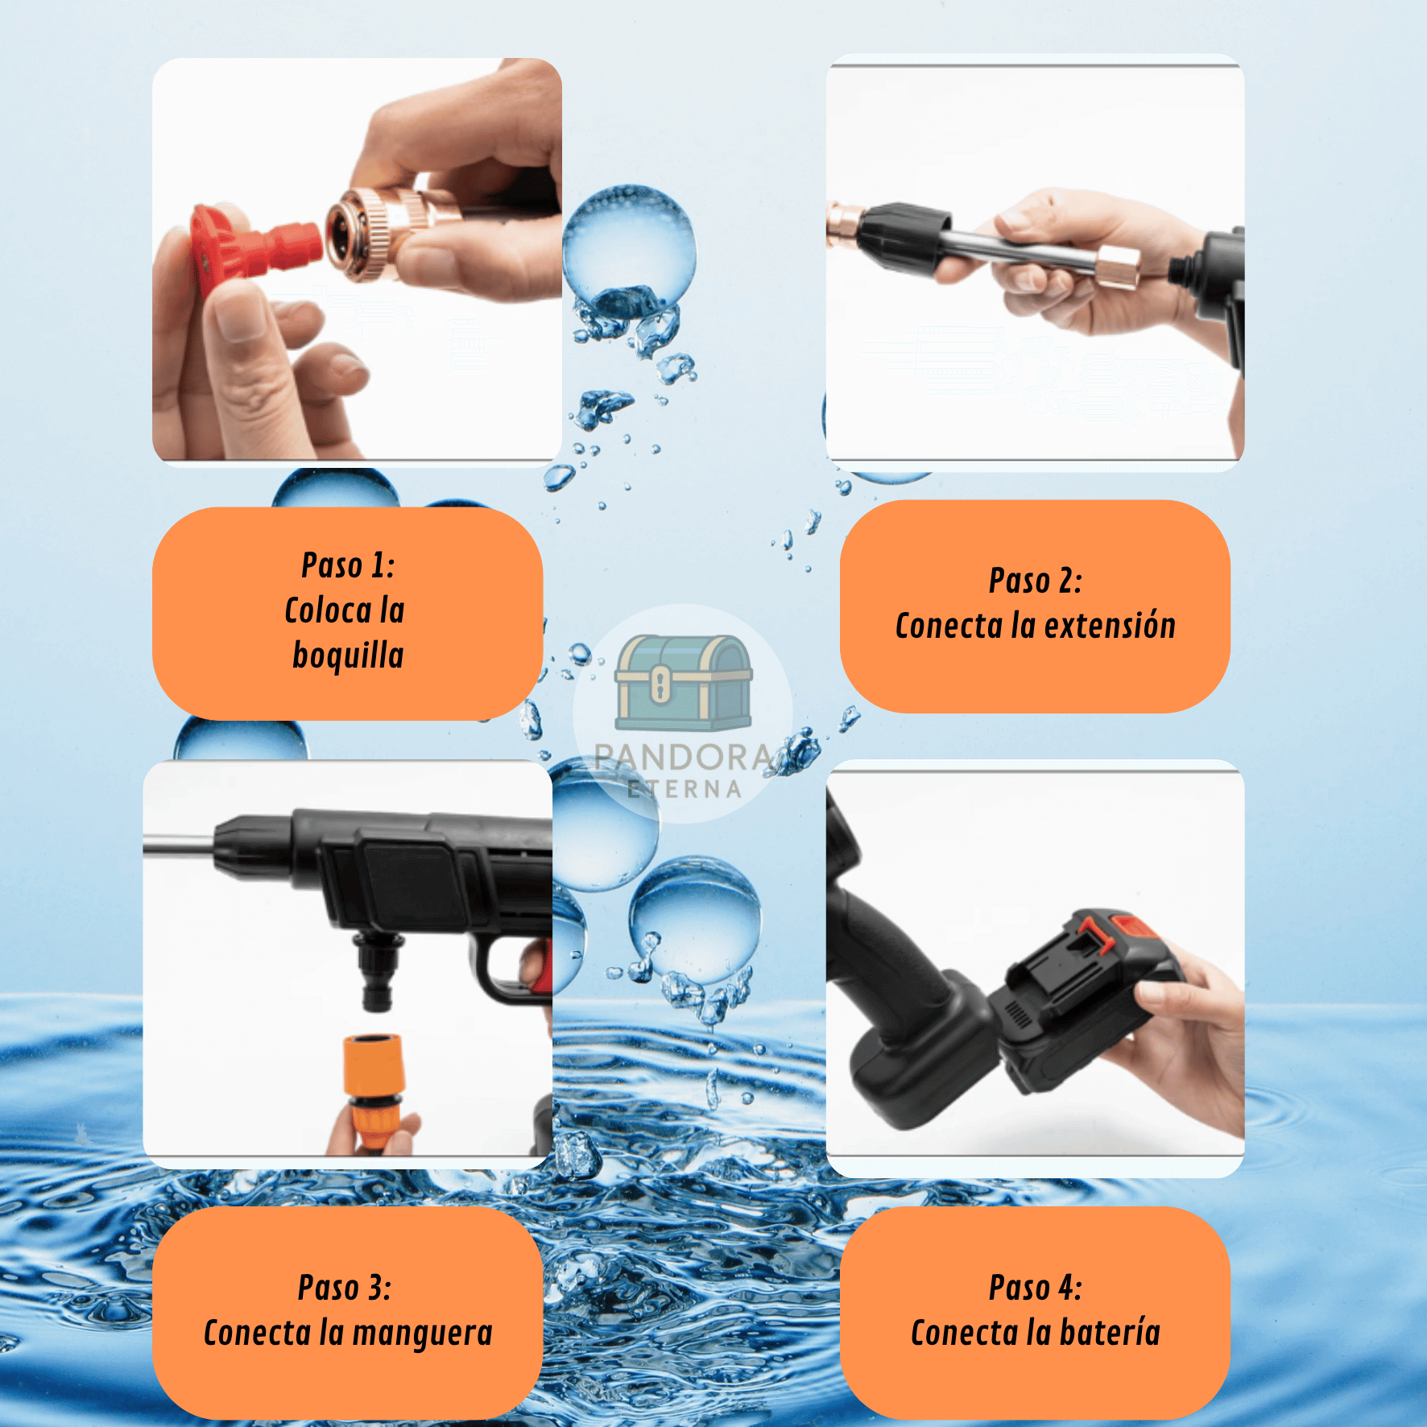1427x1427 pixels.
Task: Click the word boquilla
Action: pos(348,656)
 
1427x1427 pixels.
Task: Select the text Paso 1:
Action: pos(348,565)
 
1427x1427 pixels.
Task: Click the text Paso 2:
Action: pos(1036,581)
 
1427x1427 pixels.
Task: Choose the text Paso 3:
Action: pos(345,1288)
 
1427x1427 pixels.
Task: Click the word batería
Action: pos(1110,1332)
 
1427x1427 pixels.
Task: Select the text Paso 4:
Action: pos(1036,1288)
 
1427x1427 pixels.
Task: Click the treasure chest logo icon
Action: pos(683,682)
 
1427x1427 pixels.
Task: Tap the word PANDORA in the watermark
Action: pos(683,757)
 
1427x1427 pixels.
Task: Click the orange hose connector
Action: pos(373,1091)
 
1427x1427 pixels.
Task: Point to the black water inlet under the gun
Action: pos(376,970)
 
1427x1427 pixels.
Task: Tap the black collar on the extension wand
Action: pos(902,238)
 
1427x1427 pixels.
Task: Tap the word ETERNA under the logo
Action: pos(685,789)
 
